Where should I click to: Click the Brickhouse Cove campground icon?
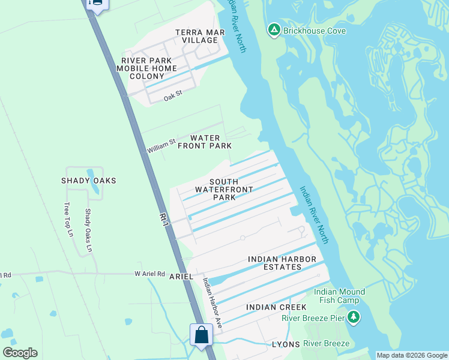click(x=274, y=30)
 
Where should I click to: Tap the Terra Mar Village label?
click(x=196, y=36)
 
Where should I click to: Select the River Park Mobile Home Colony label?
click(x=147, y=68)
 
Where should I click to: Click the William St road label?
click(x=161, y=145)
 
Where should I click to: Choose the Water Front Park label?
click(x=204, y=142)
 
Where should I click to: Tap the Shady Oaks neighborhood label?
click(x=88, y=181)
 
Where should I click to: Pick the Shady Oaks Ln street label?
click(x=88, y=230)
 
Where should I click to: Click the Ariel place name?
click(x=181, y=277)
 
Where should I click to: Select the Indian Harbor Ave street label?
click(x=212, y=303)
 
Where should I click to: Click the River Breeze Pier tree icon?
click(x=354, y=316)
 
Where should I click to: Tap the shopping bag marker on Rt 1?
click(x=201, y=335)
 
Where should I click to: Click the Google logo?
click(x=20, y=353)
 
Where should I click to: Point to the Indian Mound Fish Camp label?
click(x=340, y=296)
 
